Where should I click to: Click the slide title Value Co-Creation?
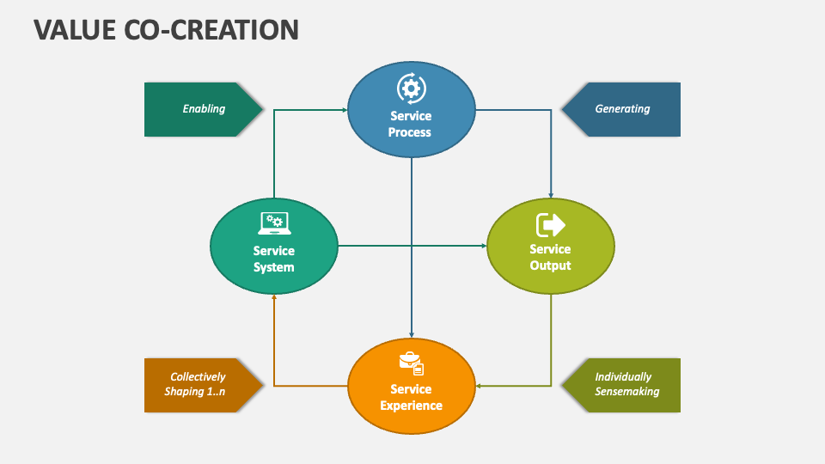tap(167, 29)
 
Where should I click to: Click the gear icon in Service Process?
tap(410, 89)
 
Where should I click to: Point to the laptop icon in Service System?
tap(274, 224)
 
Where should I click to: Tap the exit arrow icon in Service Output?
tap(550, 224)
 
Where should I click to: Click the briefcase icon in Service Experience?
tap(411, 363)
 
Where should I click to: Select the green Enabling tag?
tap(204, 109)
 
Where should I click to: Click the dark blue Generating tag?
tap(622, 109)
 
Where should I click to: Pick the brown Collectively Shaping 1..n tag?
tap(199, 384)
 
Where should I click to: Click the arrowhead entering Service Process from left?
tap(344, 109)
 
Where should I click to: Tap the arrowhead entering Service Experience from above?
tap(412, 334)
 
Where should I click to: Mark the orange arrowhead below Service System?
tap(274, 298)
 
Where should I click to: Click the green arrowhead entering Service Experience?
tap(480, 387)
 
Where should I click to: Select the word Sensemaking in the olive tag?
tap(627, 392)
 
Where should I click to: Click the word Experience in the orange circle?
tap(412, 406)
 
